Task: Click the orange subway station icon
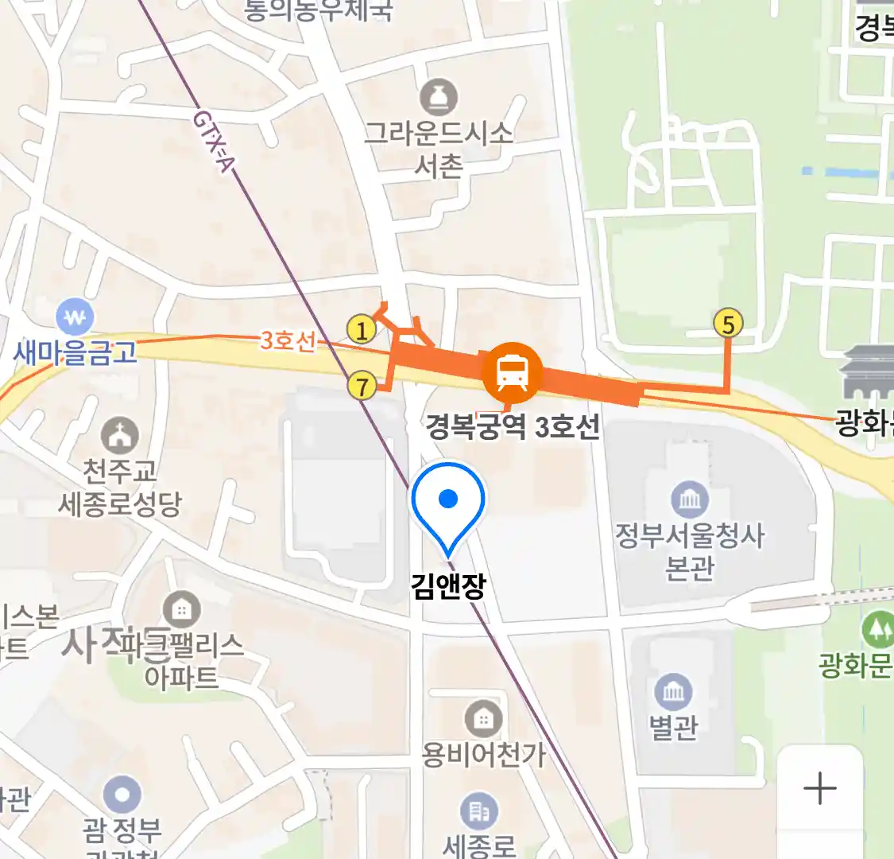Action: [513, 371]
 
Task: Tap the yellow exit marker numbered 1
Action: [362, 328]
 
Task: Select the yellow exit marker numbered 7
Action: [362, 387]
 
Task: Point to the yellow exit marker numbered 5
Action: [728, 324]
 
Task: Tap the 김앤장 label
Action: [448, 586]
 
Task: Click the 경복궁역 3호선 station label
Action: [513, 427]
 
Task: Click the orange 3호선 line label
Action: [288, 340]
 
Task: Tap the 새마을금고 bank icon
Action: [75, 319]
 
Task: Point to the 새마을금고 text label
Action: [75, 352]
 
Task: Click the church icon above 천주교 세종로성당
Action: [120, 436]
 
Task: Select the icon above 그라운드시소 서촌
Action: [439, 97]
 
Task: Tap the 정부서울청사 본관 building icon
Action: [690, 499]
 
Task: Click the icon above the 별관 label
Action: [673, 692]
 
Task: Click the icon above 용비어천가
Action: [482, 720]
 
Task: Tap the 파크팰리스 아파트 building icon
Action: [181, 610]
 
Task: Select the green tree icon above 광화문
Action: [878, 630]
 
